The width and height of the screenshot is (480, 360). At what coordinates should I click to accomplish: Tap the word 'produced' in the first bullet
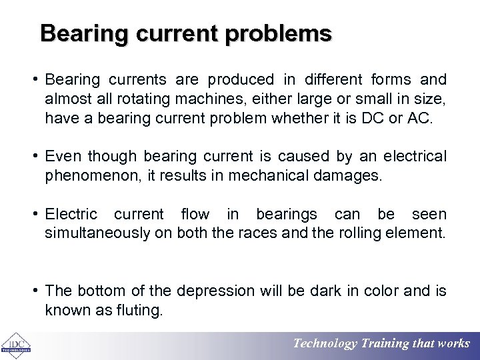point(241,80)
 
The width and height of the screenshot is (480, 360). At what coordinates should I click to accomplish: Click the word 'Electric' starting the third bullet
point(71,215)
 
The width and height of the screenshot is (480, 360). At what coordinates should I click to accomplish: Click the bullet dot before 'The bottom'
point(37,291)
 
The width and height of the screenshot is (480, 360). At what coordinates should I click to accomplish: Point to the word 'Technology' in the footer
point(325,344)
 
